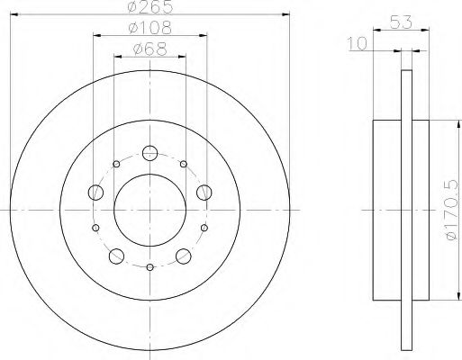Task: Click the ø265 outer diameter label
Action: point(149,8)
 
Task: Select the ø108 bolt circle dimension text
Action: point(149,29)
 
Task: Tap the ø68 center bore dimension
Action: point(149,50)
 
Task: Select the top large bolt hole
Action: point(149,152)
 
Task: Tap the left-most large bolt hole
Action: point(95,192)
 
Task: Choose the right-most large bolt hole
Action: point(204,192)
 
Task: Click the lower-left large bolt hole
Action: point(116,255)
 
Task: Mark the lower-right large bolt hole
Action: point(183,255)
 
